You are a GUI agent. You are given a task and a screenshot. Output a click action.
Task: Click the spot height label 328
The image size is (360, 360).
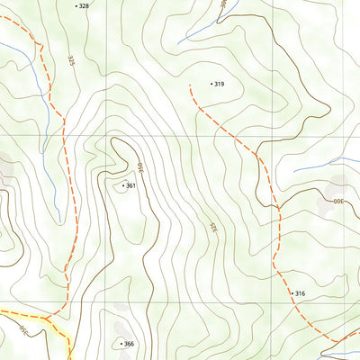(x=84, y=5)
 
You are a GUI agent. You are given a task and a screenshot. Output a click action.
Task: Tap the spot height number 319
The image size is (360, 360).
(x=219, y=84)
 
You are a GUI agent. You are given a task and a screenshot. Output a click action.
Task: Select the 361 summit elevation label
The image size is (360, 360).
(x=131, y=186)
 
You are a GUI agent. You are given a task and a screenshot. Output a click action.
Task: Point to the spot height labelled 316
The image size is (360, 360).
(x=301, y=293)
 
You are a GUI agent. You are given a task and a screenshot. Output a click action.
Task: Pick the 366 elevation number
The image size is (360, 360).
(x=129, y=344)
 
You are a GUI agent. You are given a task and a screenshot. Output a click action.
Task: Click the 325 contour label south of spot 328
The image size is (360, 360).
(x=71, y=61)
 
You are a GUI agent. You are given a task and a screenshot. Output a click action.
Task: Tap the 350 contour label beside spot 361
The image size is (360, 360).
(x=140, y=167)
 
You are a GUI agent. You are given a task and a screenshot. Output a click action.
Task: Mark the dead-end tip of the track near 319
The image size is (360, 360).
(x=191, y=85)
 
